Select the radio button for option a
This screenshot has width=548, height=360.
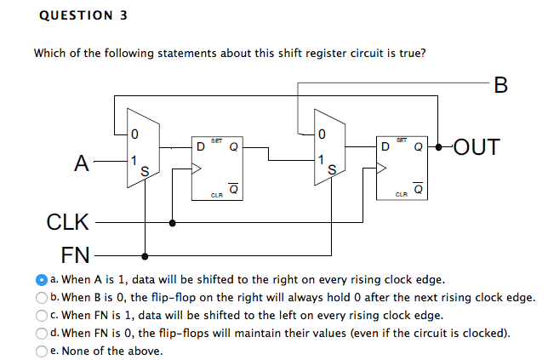point(41,279)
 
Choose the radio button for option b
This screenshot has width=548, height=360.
point(41,297)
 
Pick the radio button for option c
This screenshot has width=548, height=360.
point(41,315)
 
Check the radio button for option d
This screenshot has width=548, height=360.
point(41,333)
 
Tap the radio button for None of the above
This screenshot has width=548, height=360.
point(41,351)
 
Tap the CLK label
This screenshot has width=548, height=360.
point(66,224)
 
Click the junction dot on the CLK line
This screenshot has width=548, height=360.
point(174,224)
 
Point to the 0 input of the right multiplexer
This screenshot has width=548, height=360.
point(321,133)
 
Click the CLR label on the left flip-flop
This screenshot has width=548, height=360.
point(217,195)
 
